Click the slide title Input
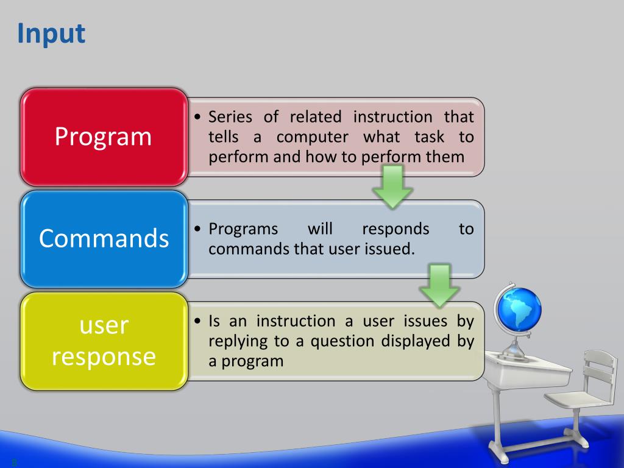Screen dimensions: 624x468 (x=51, y=34)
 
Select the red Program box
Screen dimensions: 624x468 (x=104, y=137)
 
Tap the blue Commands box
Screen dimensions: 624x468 (x=104, y=239)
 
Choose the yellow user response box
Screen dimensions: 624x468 (x=104, y=341)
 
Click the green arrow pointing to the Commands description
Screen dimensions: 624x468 (x=392, y=186)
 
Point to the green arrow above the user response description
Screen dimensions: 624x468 (x=439, y=285)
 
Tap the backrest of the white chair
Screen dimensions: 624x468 (x=598, y=370)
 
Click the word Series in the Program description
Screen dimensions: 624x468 (x=230, y=117)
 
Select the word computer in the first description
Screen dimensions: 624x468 (x=313, y=138)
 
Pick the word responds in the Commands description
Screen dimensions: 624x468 (x=395, y=230)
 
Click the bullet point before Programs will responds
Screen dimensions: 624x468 (x=198, y=229)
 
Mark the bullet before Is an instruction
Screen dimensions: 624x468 (x=198, y=321)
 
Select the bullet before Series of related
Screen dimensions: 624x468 (x=198, y=117)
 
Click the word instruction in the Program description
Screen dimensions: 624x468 (x=393, y=117)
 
